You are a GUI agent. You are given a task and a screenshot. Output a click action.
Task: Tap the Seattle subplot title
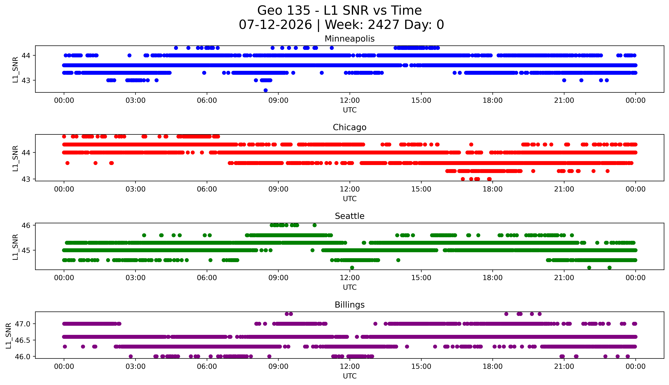350,216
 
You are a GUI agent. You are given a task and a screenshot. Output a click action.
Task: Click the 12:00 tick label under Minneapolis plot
350,101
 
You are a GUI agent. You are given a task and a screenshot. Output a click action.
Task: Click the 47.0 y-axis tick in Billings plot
23,324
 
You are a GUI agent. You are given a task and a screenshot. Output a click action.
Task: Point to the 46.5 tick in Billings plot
23,340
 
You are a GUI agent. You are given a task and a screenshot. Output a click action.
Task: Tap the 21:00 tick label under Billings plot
564,366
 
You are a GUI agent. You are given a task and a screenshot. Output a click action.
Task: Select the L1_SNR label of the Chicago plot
15,158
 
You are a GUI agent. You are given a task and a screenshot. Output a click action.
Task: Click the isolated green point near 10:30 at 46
314,225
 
